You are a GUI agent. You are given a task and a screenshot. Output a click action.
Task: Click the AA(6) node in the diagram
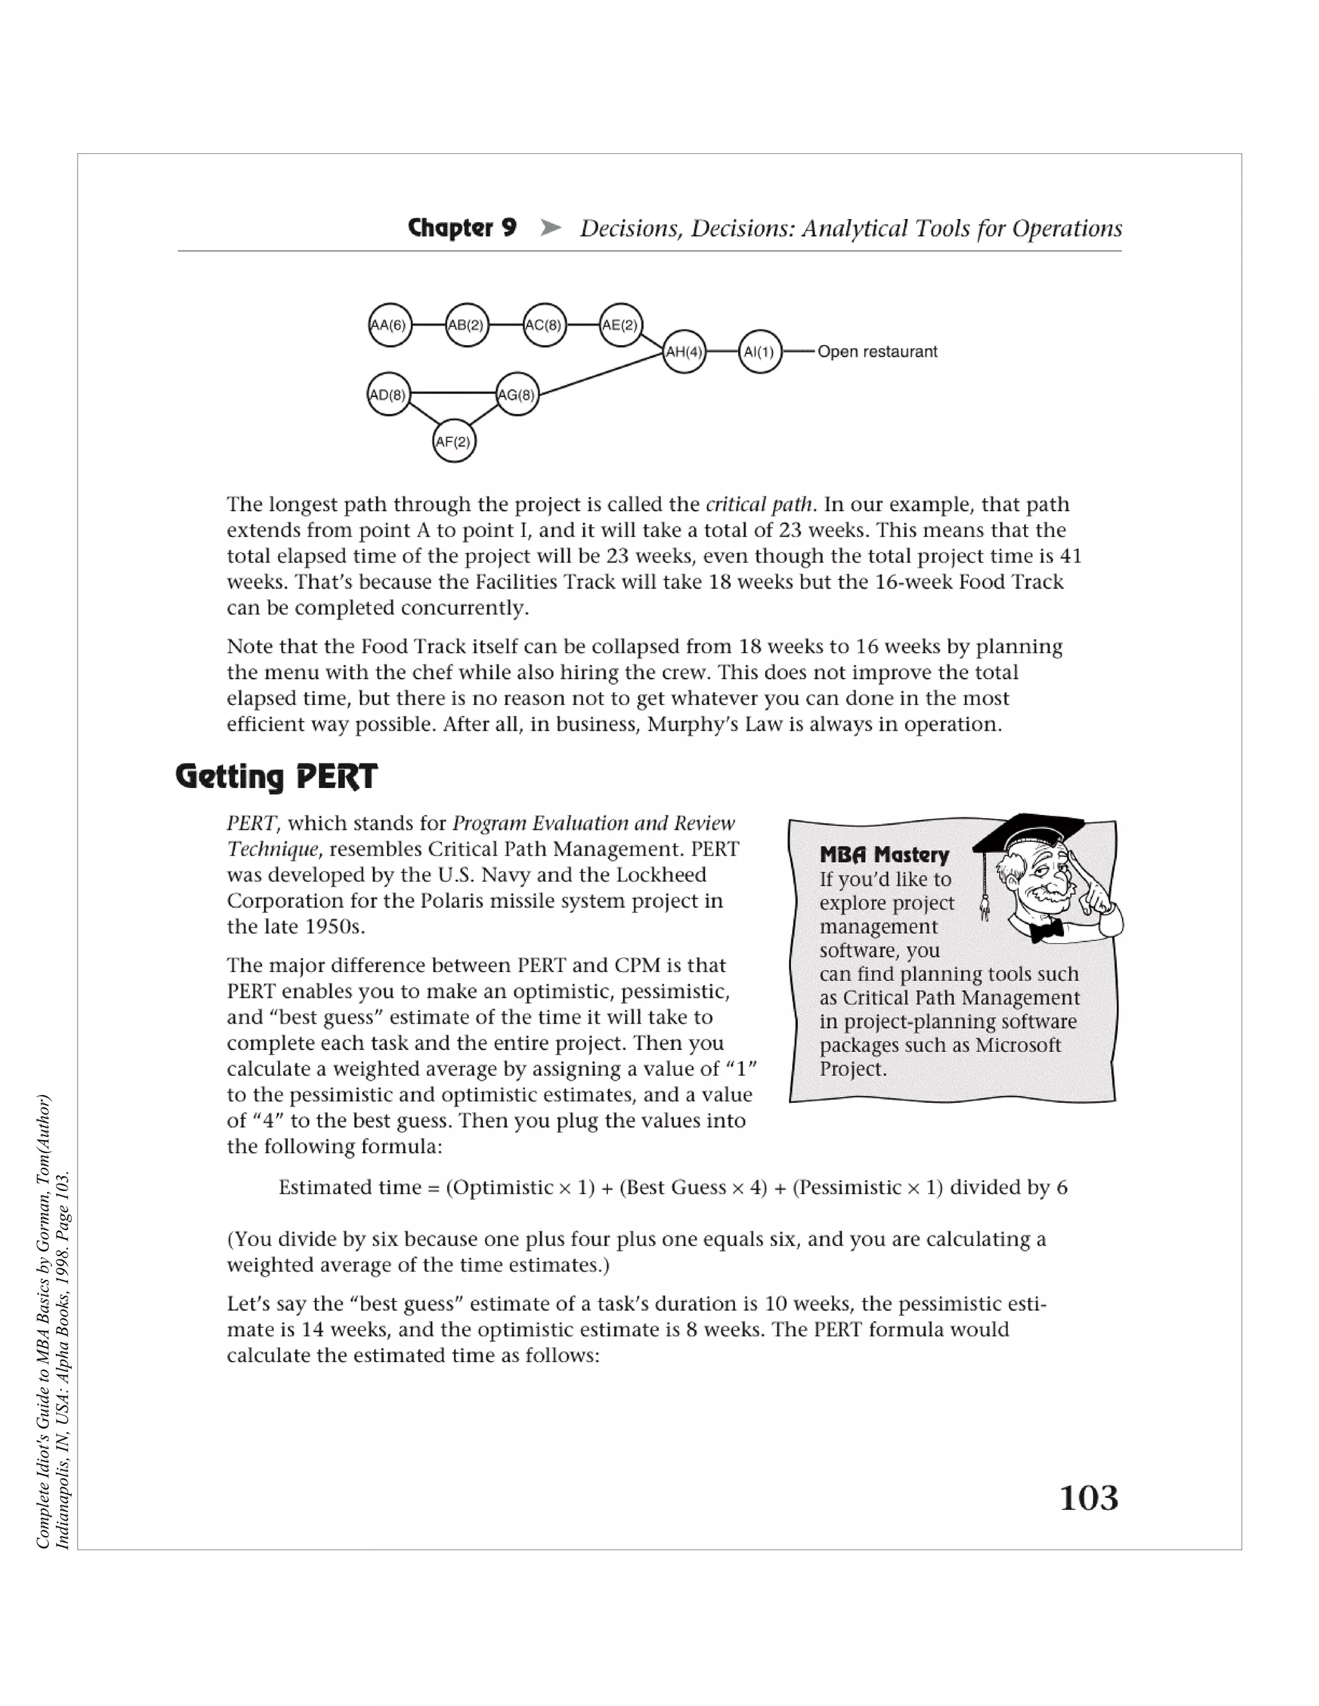pyautogui.click(x=389, y=325)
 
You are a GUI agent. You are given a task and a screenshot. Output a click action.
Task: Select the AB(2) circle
pyautogui.click(x=466, y=325)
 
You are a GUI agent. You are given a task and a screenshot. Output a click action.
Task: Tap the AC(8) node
pyautogui.click(x=544, y=325)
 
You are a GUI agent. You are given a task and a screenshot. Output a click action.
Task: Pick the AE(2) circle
pyautogui.click(x=620, y=325)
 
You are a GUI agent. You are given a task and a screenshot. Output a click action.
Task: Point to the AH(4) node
pyautogui.click(x=684, y=352)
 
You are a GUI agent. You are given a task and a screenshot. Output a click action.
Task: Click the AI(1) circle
pyautogui.click(x=759, y=352)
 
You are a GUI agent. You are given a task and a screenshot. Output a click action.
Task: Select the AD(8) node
pyautogui.click(x=388, y=395)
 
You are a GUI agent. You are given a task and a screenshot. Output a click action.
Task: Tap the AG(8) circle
pyautogui.click(x=517, y=395)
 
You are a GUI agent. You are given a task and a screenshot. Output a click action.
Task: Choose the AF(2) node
pyautogui.click(x=454, y=442)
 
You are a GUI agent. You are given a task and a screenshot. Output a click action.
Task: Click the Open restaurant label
pyautogui.click(x=877, y=352)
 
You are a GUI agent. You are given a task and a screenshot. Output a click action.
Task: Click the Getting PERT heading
pyautogui.click(x=276, y=776)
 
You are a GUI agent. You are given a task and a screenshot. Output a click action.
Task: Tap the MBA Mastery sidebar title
pyautogui.click(x=884, y=854)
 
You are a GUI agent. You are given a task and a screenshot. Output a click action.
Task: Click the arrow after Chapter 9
pyautogui.click(x=551, y=228)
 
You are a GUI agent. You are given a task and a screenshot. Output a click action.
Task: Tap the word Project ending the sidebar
pyautogui.click(x=851, y=1069)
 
